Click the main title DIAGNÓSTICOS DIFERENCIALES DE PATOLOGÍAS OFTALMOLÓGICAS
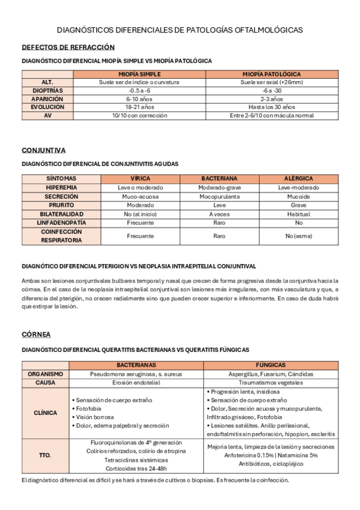[x=180, y=29]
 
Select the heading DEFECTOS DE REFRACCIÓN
[x=68, y=47]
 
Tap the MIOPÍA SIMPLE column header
[x=139, y=73]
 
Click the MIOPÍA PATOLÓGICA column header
[x=271, y=73]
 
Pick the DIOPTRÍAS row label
[x=47, y=90]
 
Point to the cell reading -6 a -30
[x=271, y=90]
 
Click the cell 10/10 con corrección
[x=139, y=115]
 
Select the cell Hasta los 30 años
[x=271, y=106]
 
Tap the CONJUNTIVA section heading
[x=43, y=150]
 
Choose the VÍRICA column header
[x=140, y=179]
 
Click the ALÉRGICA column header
[x=298, y=179]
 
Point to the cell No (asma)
[x=298, y=236]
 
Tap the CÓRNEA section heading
[x=36, y=334]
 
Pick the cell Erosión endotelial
[x=136, y=382]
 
